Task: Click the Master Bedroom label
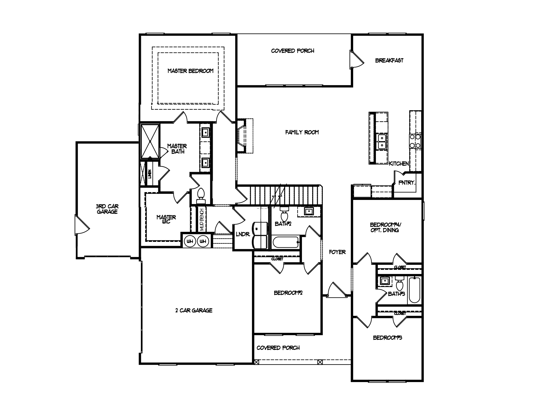(x=190, y=71)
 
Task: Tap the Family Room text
(x=302, y=132)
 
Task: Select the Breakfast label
(x=389, y=61)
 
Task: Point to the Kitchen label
(x=399, y=163)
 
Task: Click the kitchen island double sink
(x=382, y=142)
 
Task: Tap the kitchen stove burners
(x=415, y=141)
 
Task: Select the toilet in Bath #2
(x=284, y=214)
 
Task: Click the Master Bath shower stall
(x=150, y=141)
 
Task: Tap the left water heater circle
(x=190, y=241)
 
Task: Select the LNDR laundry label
(x=243, y=234)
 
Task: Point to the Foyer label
(x=337, y=252)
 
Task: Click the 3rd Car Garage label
(x=107, y=209)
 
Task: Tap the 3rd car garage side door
(x=82, y=224)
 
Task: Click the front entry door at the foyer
(x=336, y=290)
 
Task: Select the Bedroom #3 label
(x=387, y=338)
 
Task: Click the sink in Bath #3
(x=384, y=281)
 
